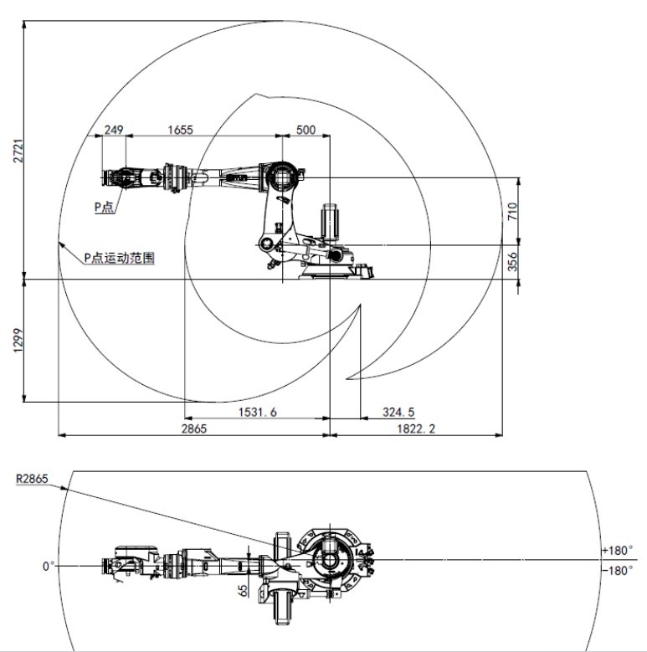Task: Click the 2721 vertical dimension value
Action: [x=18, y=151]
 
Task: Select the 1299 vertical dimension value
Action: [x=18, y=341]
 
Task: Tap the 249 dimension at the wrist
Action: [x=114, y=130]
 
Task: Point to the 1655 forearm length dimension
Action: [x=180, y=130]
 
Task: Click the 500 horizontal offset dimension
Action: [x=306, y=130]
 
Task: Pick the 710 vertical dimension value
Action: [x=512, y=211]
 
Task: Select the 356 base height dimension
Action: [x=512, y=261]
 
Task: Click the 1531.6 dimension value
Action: [x=258, y=412]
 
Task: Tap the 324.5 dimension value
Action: [x=398, y=412]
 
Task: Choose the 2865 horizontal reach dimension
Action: [x=194, y=429]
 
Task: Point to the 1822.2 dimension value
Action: [x=416, y=429]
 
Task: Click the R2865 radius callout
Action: [x=32, y=479]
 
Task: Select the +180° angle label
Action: [x=618, y=550]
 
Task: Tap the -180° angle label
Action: [x=618, y=570]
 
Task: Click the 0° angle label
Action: [x=49, y=567]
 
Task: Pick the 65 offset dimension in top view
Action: [x=243, y=590]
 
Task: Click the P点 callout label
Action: [x=104, y=207]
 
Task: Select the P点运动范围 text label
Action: [x=120, y=258]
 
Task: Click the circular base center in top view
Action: [x=330, y=560]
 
